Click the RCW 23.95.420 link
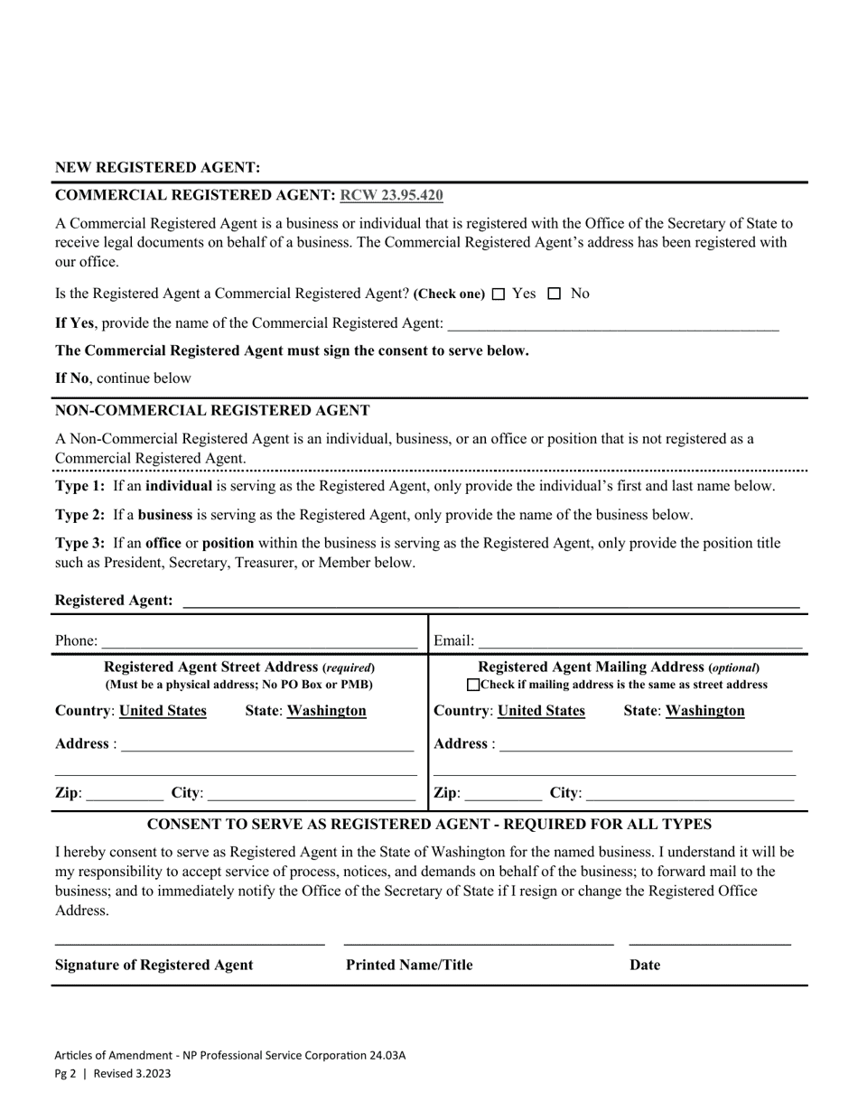tap(391, 195)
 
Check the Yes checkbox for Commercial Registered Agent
tap(499, 294)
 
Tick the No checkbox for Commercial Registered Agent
tap(555, 294)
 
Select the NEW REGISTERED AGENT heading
tap(158, 168)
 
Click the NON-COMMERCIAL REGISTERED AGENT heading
tap(212, 410)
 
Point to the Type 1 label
tap(79, 486)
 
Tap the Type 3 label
tap(79, 544)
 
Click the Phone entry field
tap(259, 641)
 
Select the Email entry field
tap(639, 641)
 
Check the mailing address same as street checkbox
tap(473, 686)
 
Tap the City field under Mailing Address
tap(689, 794)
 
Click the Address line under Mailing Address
tap(645, 745)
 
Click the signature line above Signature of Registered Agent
tap(190, 941)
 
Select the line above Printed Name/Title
tap(479, 941)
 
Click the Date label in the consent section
tap(645, 965)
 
